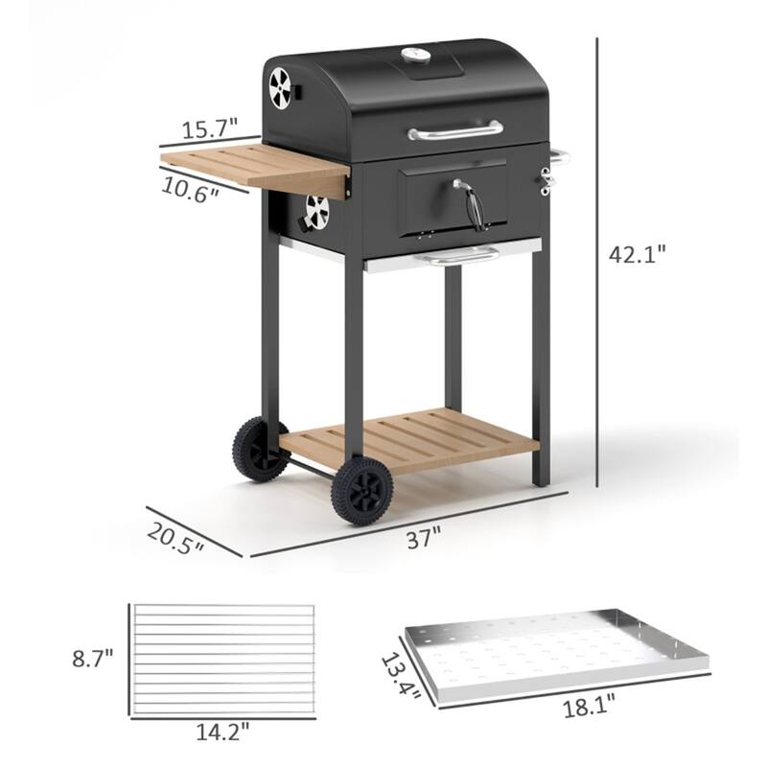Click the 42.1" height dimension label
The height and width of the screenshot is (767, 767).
point(637,254)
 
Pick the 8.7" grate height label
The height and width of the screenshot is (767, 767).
point(93,659)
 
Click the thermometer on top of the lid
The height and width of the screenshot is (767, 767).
point(415,56)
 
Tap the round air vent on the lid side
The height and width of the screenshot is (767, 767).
point(280,88)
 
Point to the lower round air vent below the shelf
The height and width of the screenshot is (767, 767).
point(316,211)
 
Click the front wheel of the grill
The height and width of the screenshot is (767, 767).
point(361,490)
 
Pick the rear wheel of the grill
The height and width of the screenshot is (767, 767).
point(260,448)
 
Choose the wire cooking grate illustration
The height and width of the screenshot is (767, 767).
point(222,659)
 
